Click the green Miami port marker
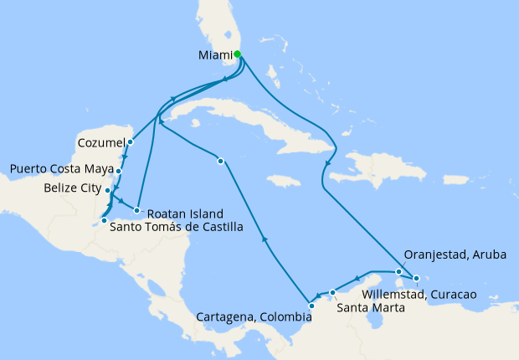(x=238, y=54)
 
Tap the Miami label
(x=215, y=56)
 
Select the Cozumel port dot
(x=131, y=141)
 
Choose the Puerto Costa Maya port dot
(x=119, y=171)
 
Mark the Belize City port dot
(x=109, y=191)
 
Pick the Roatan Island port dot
(x=136, y=210)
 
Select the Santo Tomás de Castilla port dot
(x=104, y=220)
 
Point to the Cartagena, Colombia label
(x=252, y=318)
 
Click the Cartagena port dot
(x=311, y=305)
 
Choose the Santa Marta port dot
(x=333, y=292)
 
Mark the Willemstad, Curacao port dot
(x=416, y=278)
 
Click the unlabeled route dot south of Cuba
(x=219, y=161)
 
